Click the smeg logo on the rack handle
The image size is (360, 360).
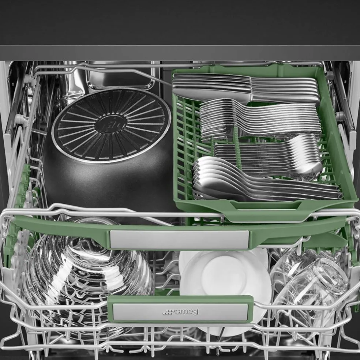point(180,312)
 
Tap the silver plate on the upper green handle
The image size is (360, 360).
point(179,240)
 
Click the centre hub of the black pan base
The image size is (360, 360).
point(111,125)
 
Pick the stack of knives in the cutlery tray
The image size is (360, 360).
point(245,88)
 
